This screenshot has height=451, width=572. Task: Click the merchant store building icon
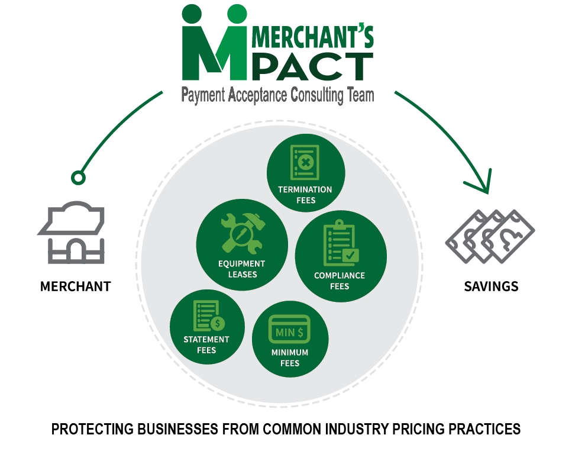[71, 234]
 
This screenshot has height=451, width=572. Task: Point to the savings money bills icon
[489, 236]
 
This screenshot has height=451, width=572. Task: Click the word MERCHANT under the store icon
[75, 286]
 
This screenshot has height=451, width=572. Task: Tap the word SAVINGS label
[491, 286]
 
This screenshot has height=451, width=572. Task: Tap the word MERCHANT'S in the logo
[313, 37]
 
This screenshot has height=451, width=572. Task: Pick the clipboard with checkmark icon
[340, 243]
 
